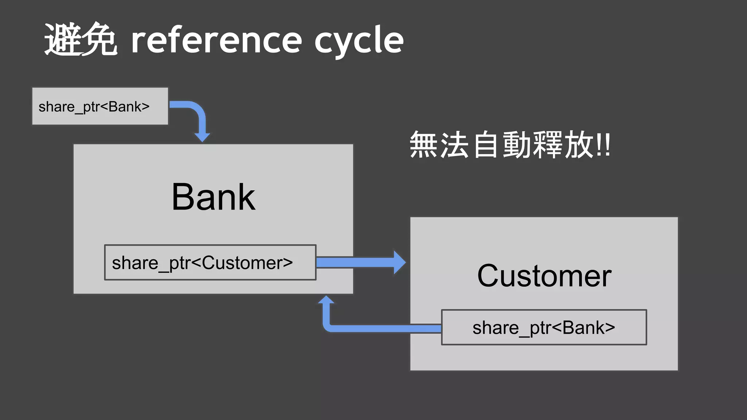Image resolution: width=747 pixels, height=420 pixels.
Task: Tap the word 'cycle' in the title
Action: click(x=359, y=41)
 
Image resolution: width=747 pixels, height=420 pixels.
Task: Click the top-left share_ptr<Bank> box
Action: click(x=100, y=106)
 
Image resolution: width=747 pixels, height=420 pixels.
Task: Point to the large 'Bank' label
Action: click(x=213, y=197)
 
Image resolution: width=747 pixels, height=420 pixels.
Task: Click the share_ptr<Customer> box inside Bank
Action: click(x=210, y=262)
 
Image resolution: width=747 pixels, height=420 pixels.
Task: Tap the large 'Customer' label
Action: click(x=544, y=276)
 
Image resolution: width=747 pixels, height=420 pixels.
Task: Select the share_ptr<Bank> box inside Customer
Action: click(x=544, y=327)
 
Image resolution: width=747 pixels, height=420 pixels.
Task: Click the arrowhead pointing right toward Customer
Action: click(x=399, y=262)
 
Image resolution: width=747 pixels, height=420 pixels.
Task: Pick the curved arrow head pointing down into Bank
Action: click(x=202, y=137)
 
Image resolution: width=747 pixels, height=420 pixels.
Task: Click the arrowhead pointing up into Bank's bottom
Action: click(x=326, y=300)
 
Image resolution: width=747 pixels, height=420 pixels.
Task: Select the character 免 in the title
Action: click(x=99, y=39)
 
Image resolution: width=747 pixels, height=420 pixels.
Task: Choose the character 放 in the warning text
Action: click(x=579, y=145)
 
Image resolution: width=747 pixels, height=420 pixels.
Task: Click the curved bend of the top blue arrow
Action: click(x=197, y=109)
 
